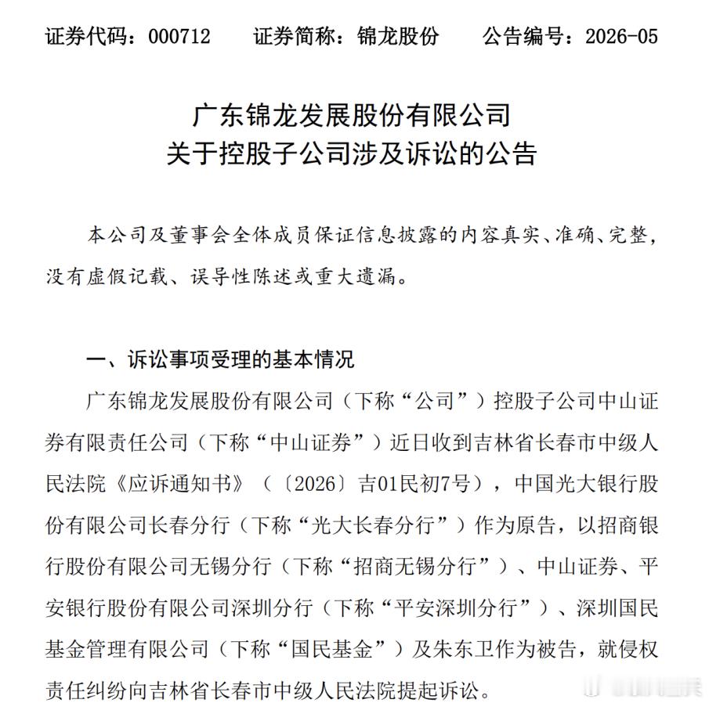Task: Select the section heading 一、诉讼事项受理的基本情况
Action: tap(219, 359)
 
